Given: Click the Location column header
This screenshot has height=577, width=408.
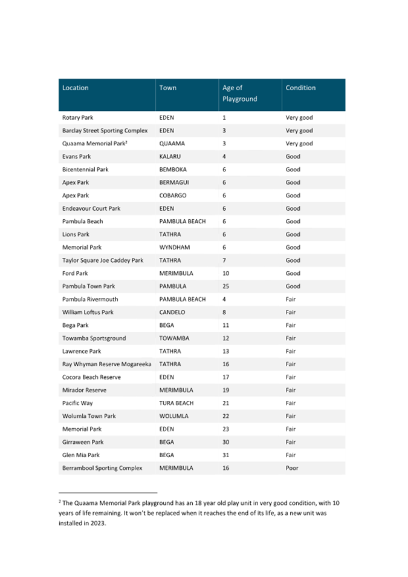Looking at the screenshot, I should click(x=76, y=88).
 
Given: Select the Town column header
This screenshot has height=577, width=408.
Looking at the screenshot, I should click(x=168, y=88).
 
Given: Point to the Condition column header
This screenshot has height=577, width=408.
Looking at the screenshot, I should click(x=300, y=88).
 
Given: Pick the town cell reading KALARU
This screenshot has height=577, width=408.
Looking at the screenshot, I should click(x=171, y=156).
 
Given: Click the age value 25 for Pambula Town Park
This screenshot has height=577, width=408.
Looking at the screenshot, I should click(x=226, y=286).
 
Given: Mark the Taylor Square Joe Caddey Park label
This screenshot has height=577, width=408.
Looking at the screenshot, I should click(x=103, y=260).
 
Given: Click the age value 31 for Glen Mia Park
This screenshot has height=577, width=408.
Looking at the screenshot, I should click(x=226, y=455).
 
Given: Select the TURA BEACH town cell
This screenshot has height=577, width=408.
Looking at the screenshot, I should click(x=176, y=403).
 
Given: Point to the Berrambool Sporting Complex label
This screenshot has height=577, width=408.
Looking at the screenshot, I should click(x=102, y=468).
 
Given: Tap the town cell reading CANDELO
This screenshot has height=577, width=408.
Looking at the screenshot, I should click(x=174, y=312).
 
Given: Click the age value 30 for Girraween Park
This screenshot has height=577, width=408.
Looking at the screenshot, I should click(x=226, y=442).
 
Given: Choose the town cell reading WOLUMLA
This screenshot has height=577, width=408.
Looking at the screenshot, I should click(x=174, y=416).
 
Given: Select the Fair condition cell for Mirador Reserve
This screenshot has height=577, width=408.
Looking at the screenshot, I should click(x=291, y=390).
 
